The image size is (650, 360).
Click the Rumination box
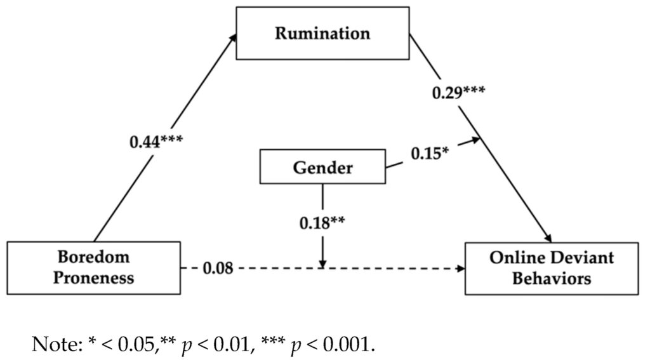(322, 33)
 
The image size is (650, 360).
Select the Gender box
(322, 167)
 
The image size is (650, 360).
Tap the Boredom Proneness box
(93, 267)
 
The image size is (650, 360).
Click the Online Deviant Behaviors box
(551, 267)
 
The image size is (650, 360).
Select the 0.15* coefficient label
(429, 154)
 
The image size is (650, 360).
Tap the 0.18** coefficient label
(322, 223)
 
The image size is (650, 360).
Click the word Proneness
(93, 277)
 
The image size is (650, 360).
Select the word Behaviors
(552, 278)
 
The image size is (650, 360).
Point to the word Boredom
(93, 257)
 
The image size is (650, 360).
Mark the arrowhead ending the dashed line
(461, 269)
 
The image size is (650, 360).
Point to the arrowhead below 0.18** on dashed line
(322, 263)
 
